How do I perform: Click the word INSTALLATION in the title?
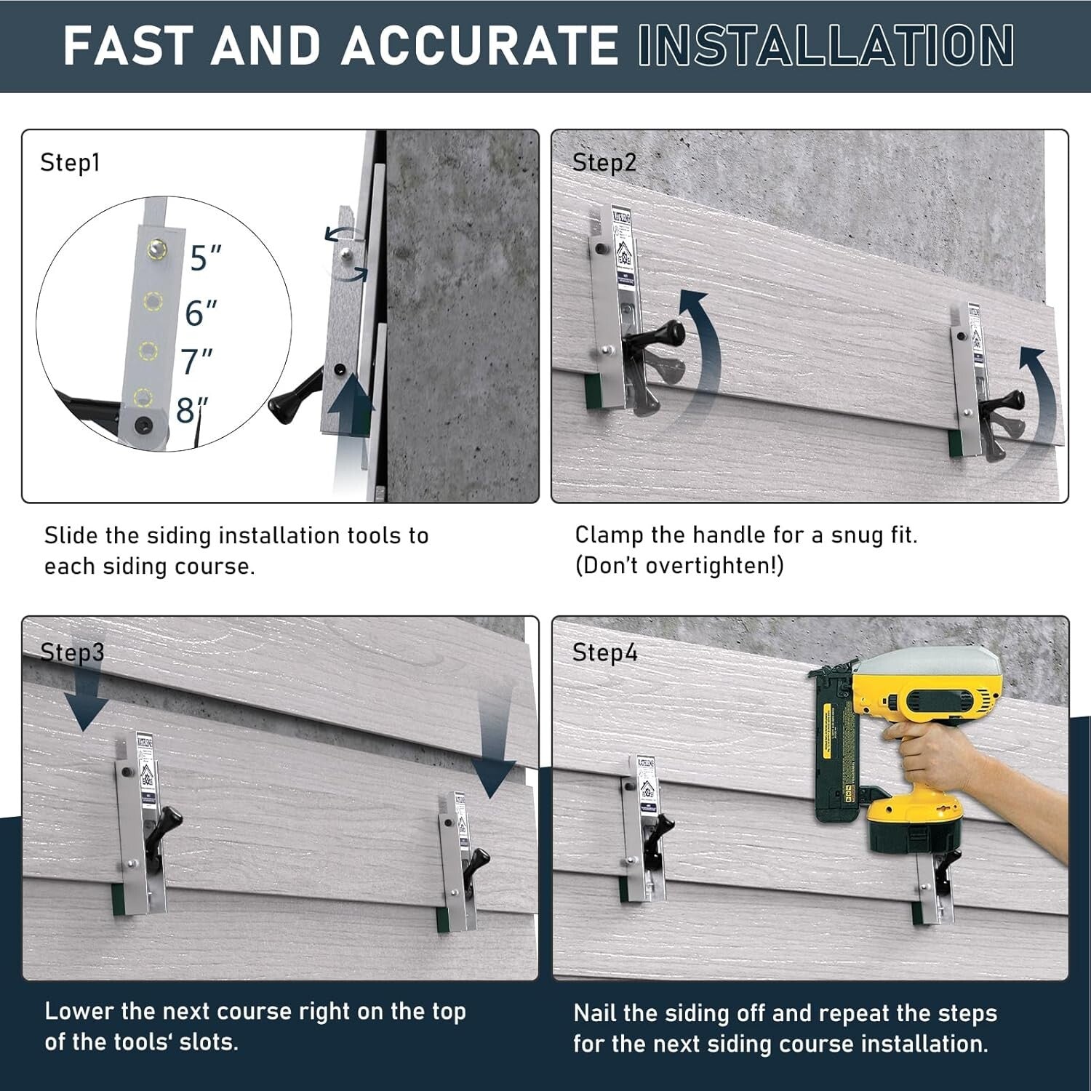pyautogui.click(x=825, y=45)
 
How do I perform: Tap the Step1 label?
pyautogui.click(x=70, y=163)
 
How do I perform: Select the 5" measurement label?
pyautogui.click(x=205, y=258)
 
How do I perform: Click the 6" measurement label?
pyautogui.click(x=201, y=312)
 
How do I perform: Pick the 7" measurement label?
pyautogui.click(x=196, y=361)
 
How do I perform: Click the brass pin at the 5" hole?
pyautogui.click(x=154, y=249)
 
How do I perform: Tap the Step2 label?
pyautogui.click(x=604, y=163)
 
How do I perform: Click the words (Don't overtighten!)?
pyautogui.click(x=679, y=566)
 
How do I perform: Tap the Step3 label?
pyautogui.click(x=72, y=652)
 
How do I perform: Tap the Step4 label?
pyautogui.click(x=604, y=652)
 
